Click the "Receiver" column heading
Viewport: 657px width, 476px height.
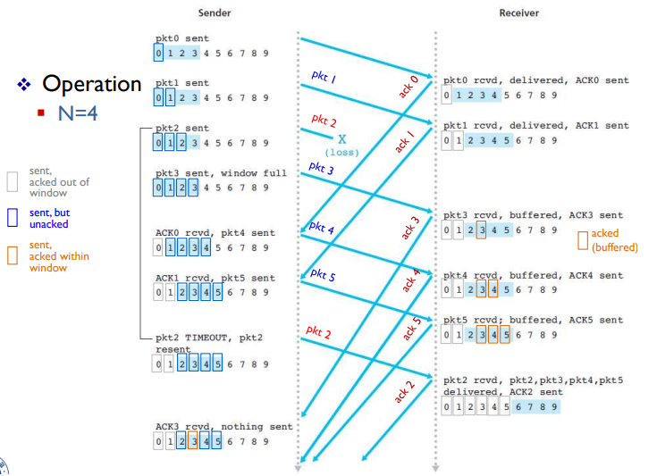(519, 13)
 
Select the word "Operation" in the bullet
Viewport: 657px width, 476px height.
(92, 84)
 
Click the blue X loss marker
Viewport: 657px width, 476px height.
(341, 138)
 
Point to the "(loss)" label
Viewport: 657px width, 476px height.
(341, 153)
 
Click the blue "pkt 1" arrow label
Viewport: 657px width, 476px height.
(323, 78)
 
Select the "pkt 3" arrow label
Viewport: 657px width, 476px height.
(321, 167)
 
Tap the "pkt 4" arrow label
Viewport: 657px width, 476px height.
(321, 228)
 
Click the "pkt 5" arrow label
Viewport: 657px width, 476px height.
(322, 275)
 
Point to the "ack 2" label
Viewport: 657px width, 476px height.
(404, 391)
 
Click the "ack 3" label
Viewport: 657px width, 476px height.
(410, 227)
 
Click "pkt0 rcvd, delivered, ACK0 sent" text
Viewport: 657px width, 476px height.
(535, 80)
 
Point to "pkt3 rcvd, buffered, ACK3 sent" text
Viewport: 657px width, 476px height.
(533, 215)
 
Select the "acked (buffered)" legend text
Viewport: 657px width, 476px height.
(614, 239)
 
